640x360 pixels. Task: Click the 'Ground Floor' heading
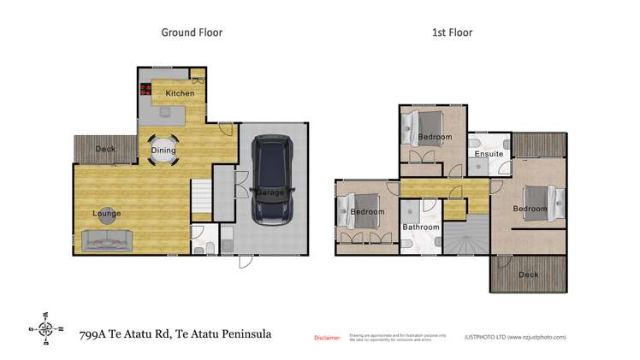[x=193, y=32]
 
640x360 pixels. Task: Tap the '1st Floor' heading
[x=451, y=32]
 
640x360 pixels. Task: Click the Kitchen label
[x=180, y=93]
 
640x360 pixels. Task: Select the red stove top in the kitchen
[x=145, y=88]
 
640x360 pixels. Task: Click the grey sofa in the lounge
[x=107, y=241]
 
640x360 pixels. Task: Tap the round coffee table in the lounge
[x=108, y=218]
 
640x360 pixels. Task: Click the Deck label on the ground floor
[x=105, y=149]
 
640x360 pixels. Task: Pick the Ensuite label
[x=489, y=154]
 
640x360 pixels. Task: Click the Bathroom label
[x=421, y=227]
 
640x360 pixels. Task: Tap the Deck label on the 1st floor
[x=529, y=274]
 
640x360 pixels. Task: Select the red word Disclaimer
[x=328, y=338]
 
